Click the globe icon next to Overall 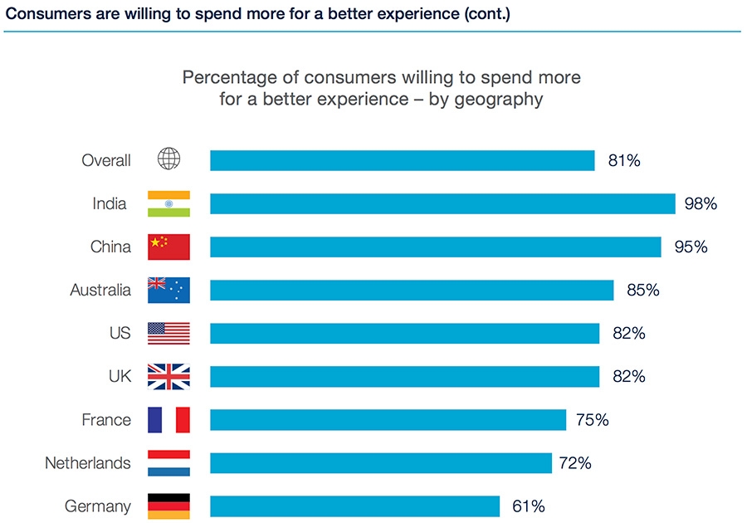coord(168,160)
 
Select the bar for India coord(442,203)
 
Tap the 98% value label coord(700,203)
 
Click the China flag coord(168,247)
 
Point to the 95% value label coord(691,247)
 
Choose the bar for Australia coord(412,290)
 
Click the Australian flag coord(168,290)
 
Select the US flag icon coord(168,333)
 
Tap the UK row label coord(120,376)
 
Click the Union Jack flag coord(168,376)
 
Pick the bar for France coord(388,419)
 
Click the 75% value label coord(592,419)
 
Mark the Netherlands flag coord(168,462)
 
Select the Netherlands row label coord(88,462)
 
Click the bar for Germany coord(354,506)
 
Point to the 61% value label coord(528,506)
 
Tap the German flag coord(168,506)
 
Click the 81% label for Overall coord(624,160)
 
